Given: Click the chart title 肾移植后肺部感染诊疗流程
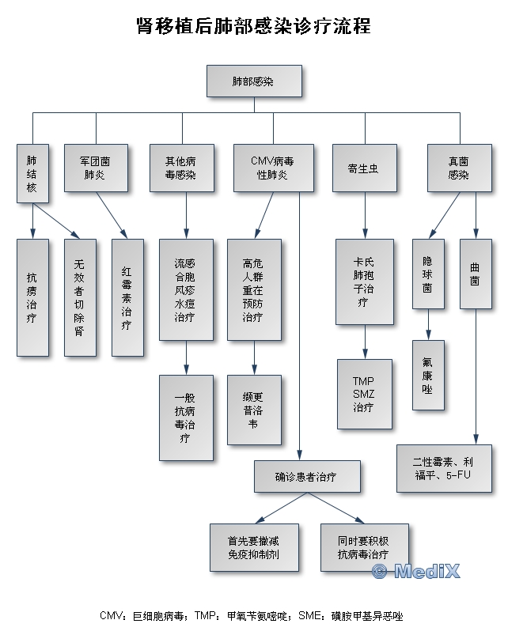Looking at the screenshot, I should click(x=253, y=26).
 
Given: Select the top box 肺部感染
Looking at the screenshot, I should click(x=253, y=81).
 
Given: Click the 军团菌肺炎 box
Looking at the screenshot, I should click(x=95, y=168).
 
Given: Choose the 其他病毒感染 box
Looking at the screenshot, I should click(x=181, y=168).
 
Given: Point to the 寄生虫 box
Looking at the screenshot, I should click(x=364, y=168).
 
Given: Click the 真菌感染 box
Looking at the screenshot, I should click(x=459, y=168).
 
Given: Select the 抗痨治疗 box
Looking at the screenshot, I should click(x=32, y=297).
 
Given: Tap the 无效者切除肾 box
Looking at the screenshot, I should click(x=79, y=297).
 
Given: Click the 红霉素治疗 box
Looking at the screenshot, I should click(x=127, y=297).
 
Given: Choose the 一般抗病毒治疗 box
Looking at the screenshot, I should click(x=186, y=418).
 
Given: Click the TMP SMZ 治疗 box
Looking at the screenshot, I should click(x=364, y=394).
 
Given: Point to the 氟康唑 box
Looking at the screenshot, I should click(x=428, y=374).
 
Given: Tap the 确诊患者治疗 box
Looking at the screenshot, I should click(x=307, y=477).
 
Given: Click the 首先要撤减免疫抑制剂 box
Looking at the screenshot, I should click(x=254, y=547).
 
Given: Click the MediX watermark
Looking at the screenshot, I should click(x=415, y=571).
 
